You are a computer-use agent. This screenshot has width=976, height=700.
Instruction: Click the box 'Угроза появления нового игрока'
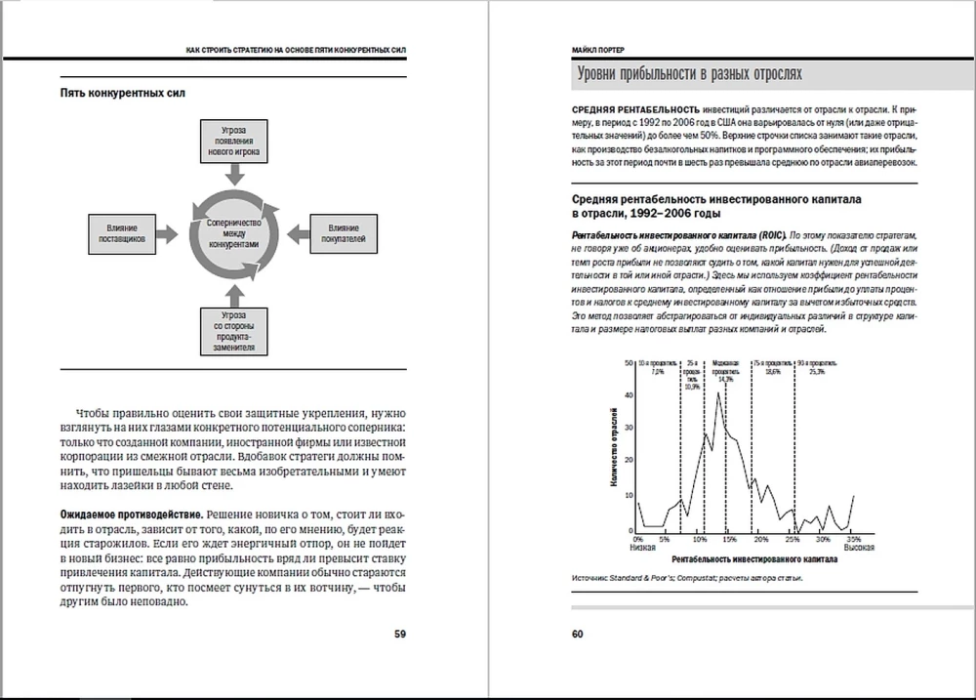pyautogui.click(x=234, y=141)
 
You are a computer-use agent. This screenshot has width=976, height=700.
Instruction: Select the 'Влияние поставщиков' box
pyautogui.click(x=122, y=231)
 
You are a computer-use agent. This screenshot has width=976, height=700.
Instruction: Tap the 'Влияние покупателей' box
pyautogui.click(x=344, y=231)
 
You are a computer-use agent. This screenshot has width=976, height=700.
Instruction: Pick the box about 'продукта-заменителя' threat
pyautogui.click(x=234, y=331)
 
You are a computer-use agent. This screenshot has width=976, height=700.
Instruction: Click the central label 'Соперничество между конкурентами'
pyautogui.click(x=234, y=231)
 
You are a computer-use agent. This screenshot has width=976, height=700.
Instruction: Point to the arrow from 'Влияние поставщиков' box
pyautogui.click(x=168, y=231)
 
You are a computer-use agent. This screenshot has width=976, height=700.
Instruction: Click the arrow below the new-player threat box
pyautogui.click(x=234, y=174)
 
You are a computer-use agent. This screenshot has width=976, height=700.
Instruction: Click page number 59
pyautogui.click(x=400, y=634)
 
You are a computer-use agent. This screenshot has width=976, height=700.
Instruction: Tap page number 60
pyautogui.click(x=577, y=634)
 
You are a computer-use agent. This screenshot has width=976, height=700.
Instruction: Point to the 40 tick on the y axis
pyautogui.click(x=630, y=395)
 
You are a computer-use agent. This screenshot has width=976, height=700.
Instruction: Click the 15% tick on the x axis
pyautogui.click(x=729, y=539)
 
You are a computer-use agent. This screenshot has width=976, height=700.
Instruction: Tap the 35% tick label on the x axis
pyautogui.click(x=852, y=539)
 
